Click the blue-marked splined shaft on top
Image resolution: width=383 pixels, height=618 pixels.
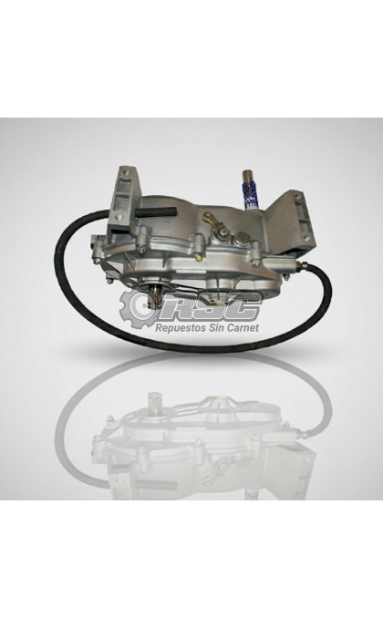click(249, 191)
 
